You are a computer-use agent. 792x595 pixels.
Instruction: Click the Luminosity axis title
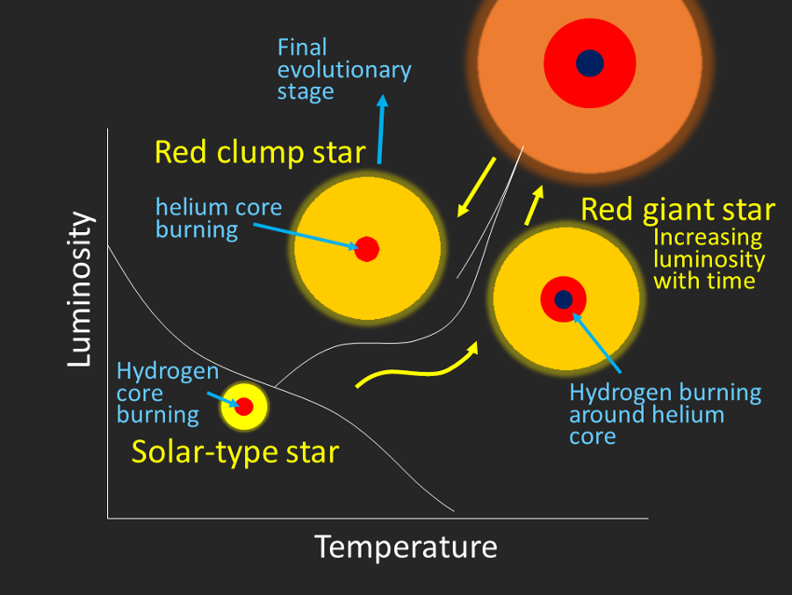pos(81,289)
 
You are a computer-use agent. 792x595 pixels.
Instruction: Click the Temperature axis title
pos(406,547)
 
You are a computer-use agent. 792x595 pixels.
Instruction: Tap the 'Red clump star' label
pos(260,153)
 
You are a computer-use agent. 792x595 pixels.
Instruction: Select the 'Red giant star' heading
pos(677,210)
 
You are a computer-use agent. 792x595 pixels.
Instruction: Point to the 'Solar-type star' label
pos(236,452)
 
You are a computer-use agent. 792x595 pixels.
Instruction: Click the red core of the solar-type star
pos(244,407)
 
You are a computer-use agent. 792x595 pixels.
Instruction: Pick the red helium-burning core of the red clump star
pos(367,249)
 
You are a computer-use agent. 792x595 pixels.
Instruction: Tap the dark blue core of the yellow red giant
pos(563,299)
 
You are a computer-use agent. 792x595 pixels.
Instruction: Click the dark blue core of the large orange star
pos(590,63)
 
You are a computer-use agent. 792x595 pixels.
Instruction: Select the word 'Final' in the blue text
pos(302,48)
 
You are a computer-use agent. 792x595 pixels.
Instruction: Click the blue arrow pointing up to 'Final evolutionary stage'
pos(381,130)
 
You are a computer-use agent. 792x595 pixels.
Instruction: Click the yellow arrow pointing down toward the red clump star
pos(476,187)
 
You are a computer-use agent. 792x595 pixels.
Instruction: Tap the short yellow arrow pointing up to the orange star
pos(534,205)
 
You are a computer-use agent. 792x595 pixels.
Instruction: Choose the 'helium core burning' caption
pos(219,218)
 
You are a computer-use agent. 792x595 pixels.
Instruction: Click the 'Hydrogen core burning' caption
pos(168,394)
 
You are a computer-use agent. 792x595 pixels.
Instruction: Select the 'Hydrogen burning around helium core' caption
pos(665,414)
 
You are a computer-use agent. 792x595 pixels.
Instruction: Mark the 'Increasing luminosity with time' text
pos(709,259)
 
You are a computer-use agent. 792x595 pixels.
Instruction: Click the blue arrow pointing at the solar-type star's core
pos(224,399)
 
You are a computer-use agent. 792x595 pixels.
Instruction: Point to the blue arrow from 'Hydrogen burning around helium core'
pos(596,343)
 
